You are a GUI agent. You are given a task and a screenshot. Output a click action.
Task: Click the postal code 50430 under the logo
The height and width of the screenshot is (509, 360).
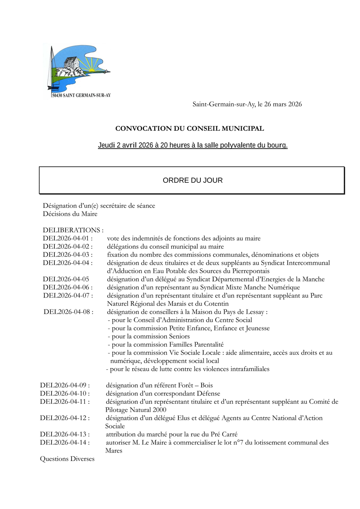point(57,96)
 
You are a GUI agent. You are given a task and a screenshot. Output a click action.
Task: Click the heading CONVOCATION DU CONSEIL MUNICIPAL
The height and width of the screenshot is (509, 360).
point(190,129)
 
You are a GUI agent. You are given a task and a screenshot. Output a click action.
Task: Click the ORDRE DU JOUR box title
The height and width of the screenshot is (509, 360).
point(192,180)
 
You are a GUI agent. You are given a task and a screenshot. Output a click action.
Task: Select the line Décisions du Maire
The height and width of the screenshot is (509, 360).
point(70,214)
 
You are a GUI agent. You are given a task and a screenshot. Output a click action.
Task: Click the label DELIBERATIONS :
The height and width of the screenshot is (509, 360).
point(73,230)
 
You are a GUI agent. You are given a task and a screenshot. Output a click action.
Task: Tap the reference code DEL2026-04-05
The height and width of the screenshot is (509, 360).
point(66,279)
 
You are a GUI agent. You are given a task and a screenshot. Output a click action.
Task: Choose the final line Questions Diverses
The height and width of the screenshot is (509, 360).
point(67,459)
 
